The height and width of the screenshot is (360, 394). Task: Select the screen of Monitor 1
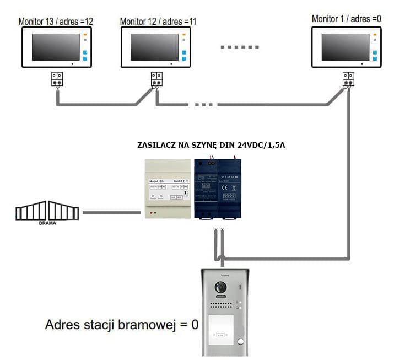point(345,46)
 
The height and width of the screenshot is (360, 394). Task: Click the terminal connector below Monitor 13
point(57,80)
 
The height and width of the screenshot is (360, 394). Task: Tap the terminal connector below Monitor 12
point(156,80)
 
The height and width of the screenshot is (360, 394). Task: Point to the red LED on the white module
point(152,212)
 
